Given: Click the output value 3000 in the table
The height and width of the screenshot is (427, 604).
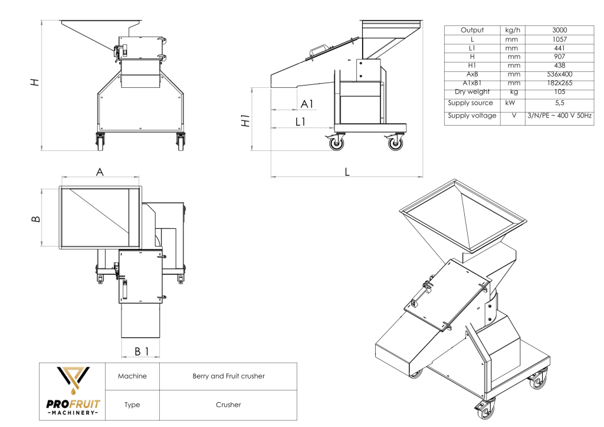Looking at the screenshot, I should [x=560, y=30].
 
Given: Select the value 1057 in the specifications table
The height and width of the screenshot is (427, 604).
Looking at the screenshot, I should [x=560, y=39].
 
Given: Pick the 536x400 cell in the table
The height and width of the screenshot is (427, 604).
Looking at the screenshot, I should [x=560, y=74].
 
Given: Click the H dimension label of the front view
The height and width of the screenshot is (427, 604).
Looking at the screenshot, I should [x=36, y=83].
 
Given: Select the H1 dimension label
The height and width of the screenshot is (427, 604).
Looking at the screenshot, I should [x=248, y=120].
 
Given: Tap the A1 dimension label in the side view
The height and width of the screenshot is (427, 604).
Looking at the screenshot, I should [x=307, y=104].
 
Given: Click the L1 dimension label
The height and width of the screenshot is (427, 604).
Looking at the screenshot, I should [x=301, y=121].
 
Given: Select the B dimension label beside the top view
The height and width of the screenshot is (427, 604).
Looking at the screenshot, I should [x=37, y=219].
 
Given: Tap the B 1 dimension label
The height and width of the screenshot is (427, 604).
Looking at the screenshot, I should [x=141, y=352].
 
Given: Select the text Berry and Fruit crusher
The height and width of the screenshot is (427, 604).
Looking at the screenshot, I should [x=228, y=376].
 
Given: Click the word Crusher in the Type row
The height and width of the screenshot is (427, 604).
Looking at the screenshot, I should [x=228, y=405].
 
